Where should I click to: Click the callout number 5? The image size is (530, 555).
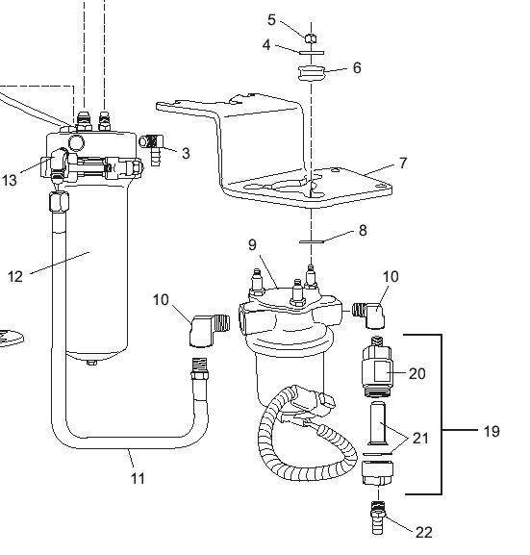click(x=271, y=20)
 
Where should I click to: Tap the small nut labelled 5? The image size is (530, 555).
click(x=310, y=38)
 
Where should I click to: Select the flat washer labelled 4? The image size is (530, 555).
click(x=312, y=53)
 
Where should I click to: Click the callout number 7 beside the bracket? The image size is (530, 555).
click(x=403, y=164)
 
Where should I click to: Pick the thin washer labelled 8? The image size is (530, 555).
click(x=312, y=241)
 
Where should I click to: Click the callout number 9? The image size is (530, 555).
click(x=252, y=245)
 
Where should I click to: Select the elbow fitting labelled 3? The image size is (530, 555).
click(x=152, y=148)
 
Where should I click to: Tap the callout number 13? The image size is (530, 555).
click(x=10, y=180)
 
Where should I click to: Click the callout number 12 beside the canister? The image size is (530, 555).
click(x=15, y=276)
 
